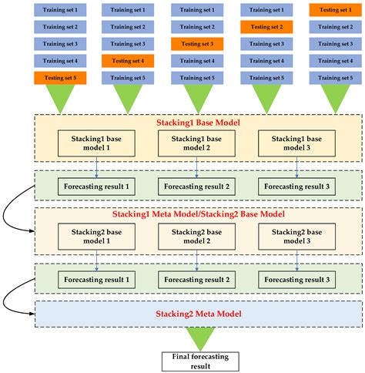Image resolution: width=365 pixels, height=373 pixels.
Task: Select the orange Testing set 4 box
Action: pos(128,61)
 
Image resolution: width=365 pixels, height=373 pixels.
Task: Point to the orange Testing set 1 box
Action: pos(333,10)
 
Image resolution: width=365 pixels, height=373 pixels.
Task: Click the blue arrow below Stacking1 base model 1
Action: pos(96,164)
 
